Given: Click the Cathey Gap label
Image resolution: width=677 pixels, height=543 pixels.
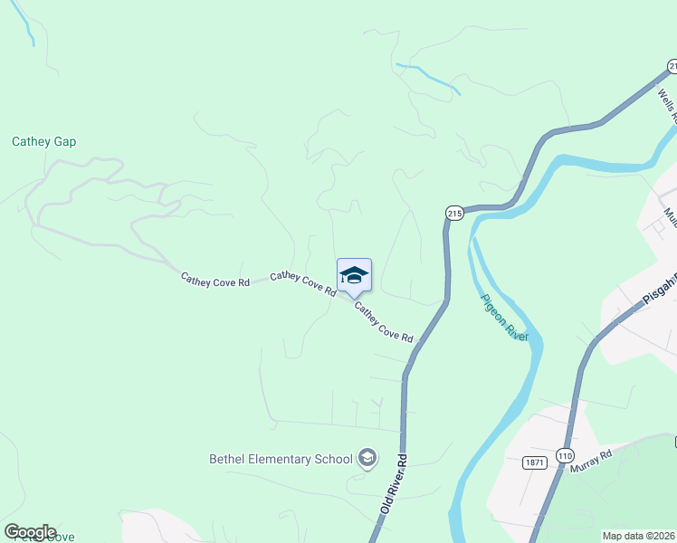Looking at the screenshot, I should (43, 142).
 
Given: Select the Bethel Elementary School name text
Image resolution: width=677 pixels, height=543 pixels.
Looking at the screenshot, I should (281, 459).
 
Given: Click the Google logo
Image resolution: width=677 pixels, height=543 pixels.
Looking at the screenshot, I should (30, 532).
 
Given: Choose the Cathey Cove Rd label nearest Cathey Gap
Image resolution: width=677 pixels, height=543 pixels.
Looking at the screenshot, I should (215, 281).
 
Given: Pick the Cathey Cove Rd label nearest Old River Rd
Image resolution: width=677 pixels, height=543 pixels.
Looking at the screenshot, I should (384, 323).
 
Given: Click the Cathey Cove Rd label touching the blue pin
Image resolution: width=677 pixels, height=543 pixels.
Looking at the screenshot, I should (303, 282).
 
